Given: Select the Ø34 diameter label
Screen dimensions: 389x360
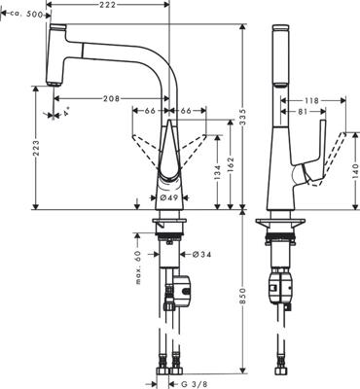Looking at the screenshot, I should click(191, 255).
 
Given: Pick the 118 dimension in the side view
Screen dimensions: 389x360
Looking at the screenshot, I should click(310, 99).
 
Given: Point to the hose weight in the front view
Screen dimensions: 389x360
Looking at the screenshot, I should click(182, 289).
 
